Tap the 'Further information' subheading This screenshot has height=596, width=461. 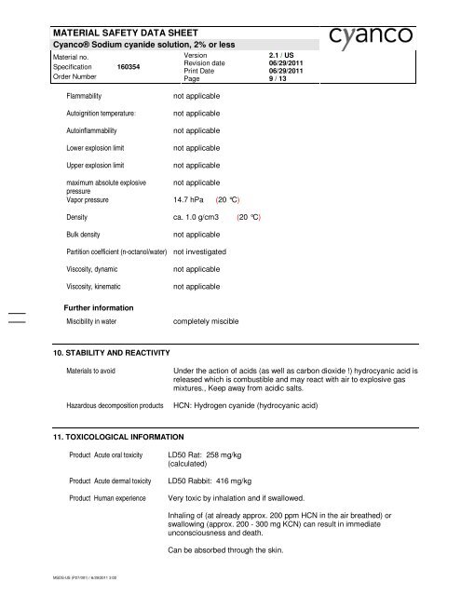(101, 306)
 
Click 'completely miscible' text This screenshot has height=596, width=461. (207, 321)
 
